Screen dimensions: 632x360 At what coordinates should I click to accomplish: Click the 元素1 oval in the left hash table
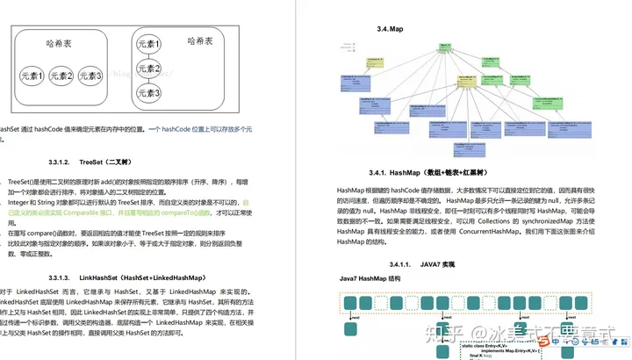(34, 76)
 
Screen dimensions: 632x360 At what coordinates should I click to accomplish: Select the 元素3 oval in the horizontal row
(90, 76)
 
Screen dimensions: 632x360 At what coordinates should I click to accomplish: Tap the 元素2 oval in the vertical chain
(151, 68)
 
